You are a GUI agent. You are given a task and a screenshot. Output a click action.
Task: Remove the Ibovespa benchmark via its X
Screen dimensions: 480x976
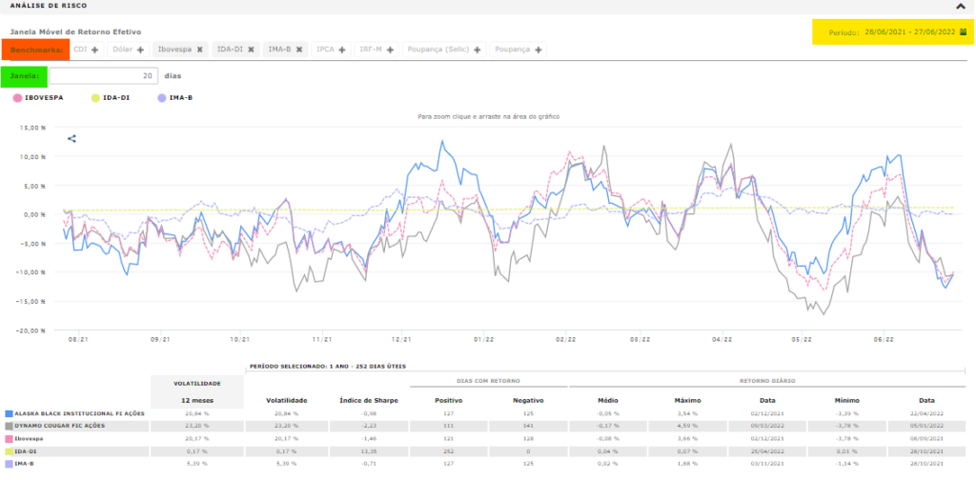tap(200, 50)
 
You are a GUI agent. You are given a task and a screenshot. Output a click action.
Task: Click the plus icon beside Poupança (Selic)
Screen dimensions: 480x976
tap(477, 50)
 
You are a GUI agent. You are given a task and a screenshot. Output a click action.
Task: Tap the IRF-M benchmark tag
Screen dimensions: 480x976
tap(370, 50)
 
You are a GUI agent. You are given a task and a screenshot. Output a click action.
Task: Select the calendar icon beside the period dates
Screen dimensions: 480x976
tap(963, 32)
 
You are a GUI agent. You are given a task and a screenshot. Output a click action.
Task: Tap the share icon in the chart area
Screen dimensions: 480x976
tap(71, 139)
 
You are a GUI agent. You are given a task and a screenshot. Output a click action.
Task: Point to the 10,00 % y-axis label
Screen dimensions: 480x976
tap(32, 156)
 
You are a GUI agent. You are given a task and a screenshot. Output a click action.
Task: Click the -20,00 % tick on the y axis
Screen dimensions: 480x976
tap(31, 330)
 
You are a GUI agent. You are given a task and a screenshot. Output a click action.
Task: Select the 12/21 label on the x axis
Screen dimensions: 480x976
tap(401, 339)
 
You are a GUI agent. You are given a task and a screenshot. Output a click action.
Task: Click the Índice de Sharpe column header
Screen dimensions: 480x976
tap(368, 400)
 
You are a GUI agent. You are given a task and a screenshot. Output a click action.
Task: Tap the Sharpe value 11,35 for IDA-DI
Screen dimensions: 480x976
tap(368, 450)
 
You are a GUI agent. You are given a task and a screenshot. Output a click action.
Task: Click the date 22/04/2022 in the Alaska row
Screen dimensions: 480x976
tap(925, 413)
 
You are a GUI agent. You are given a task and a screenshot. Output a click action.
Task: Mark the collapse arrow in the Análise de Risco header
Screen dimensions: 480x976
tap(966, 6)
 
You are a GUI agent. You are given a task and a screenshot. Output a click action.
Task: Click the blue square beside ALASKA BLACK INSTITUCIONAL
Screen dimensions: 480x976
tap(9, 413)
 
